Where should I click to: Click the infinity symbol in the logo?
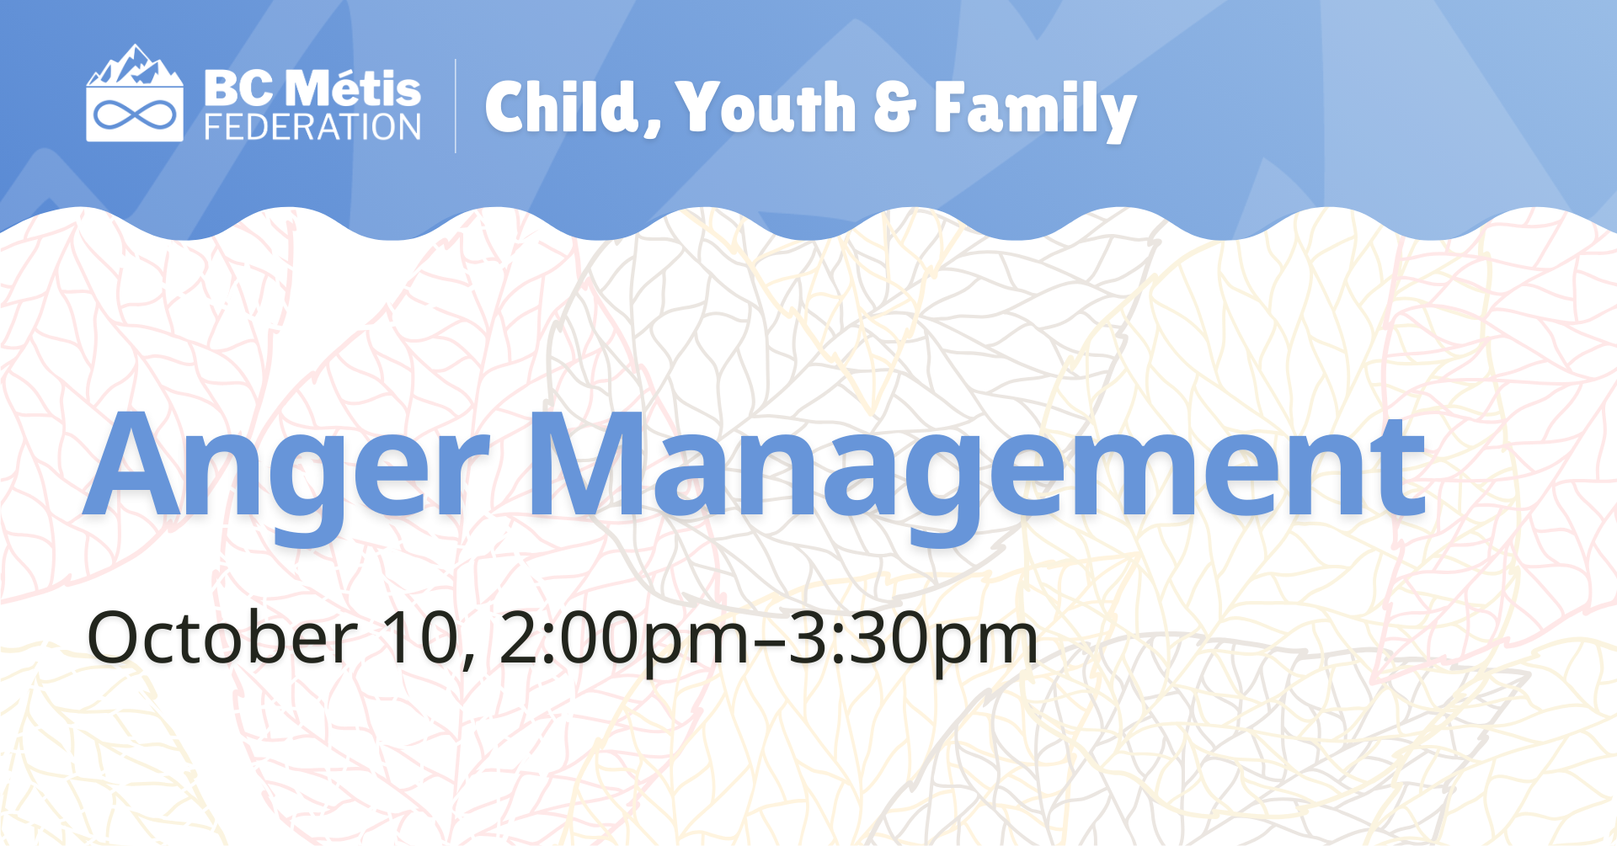tap(135, 114)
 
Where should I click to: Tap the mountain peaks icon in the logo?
tap(135, 67)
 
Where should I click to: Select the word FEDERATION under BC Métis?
tap(312, 128)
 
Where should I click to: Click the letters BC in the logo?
tap(238, 89)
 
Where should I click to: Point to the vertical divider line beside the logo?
tap(456, 106)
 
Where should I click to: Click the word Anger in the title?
tap(286, 468)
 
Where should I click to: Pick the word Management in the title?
tap(976, 468)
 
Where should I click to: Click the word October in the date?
tap(221, 638)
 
